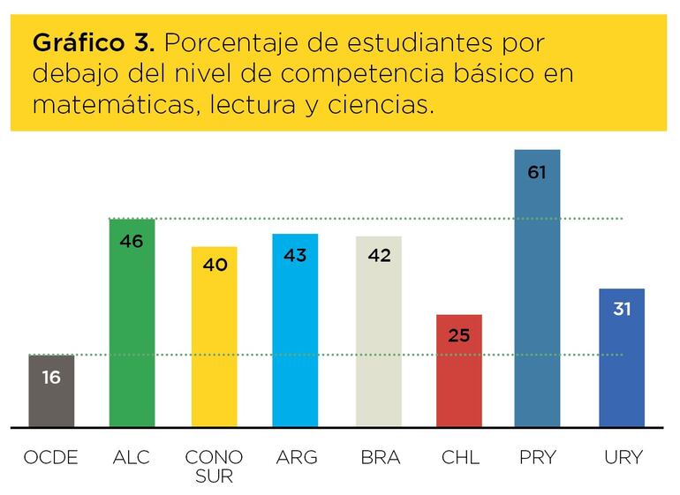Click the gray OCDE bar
pos(51,393)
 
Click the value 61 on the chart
pos(537,172)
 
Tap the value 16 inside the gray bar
pos(51,378)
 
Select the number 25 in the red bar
pos(459,335)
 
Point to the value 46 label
pos(132,240)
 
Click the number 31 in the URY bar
pos(622,310)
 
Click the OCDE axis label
pos(50,457)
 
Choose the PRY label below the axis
pos(538,457)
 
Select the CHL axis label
pos(459,457)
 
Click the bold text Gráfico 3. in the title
pos(94,43)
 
